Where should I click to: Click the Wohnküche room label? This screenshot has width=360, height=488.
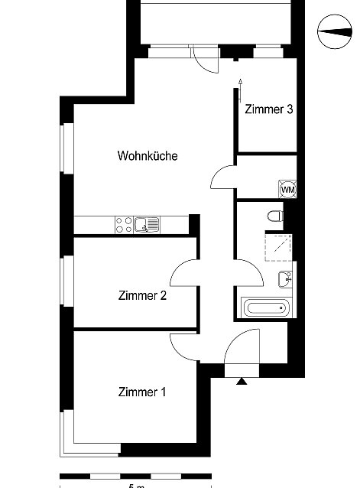point(148,155)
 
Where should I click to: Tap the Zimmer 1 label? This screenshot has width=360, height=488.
point(142,392)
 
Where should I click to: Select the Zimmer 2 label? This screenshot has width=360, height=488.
point(142,295)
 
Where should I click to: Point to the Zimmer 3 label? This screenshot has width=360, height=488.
point(269,109)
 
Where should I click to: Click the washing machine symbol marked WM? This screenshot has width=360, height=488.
point(287,189)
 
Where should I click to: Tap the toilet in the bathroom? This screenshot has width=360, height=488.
point(275,216)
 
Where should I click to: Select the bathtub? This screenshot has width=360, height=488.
point(266,307)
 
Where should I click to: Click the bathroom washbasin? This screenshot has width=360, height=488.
point(285,279)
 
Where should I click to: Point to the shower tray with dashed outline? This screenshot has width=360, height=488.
point(278,248)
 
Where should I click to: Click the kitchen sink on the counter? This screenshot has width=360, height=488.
point(147,225)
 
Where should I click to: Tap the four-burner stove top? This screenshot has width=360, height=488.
point(124,225)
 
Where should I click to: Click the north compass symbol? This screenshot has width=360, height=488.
point(335,31)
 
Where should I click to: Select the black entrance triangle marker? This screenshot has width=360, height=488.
point(242,381)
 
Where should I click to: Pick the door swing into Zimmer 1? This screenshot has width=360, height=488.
point(183,346)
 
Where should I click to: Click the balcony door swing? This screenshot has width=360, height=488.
point(205,60)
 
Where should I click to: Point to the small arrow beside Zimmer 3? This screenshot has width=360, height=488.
point(240,90)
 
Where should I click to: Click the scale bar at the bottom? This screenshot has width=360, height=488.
point(135,477)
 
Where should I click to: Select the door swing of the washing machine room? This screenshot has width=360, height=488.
point(224,177)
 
